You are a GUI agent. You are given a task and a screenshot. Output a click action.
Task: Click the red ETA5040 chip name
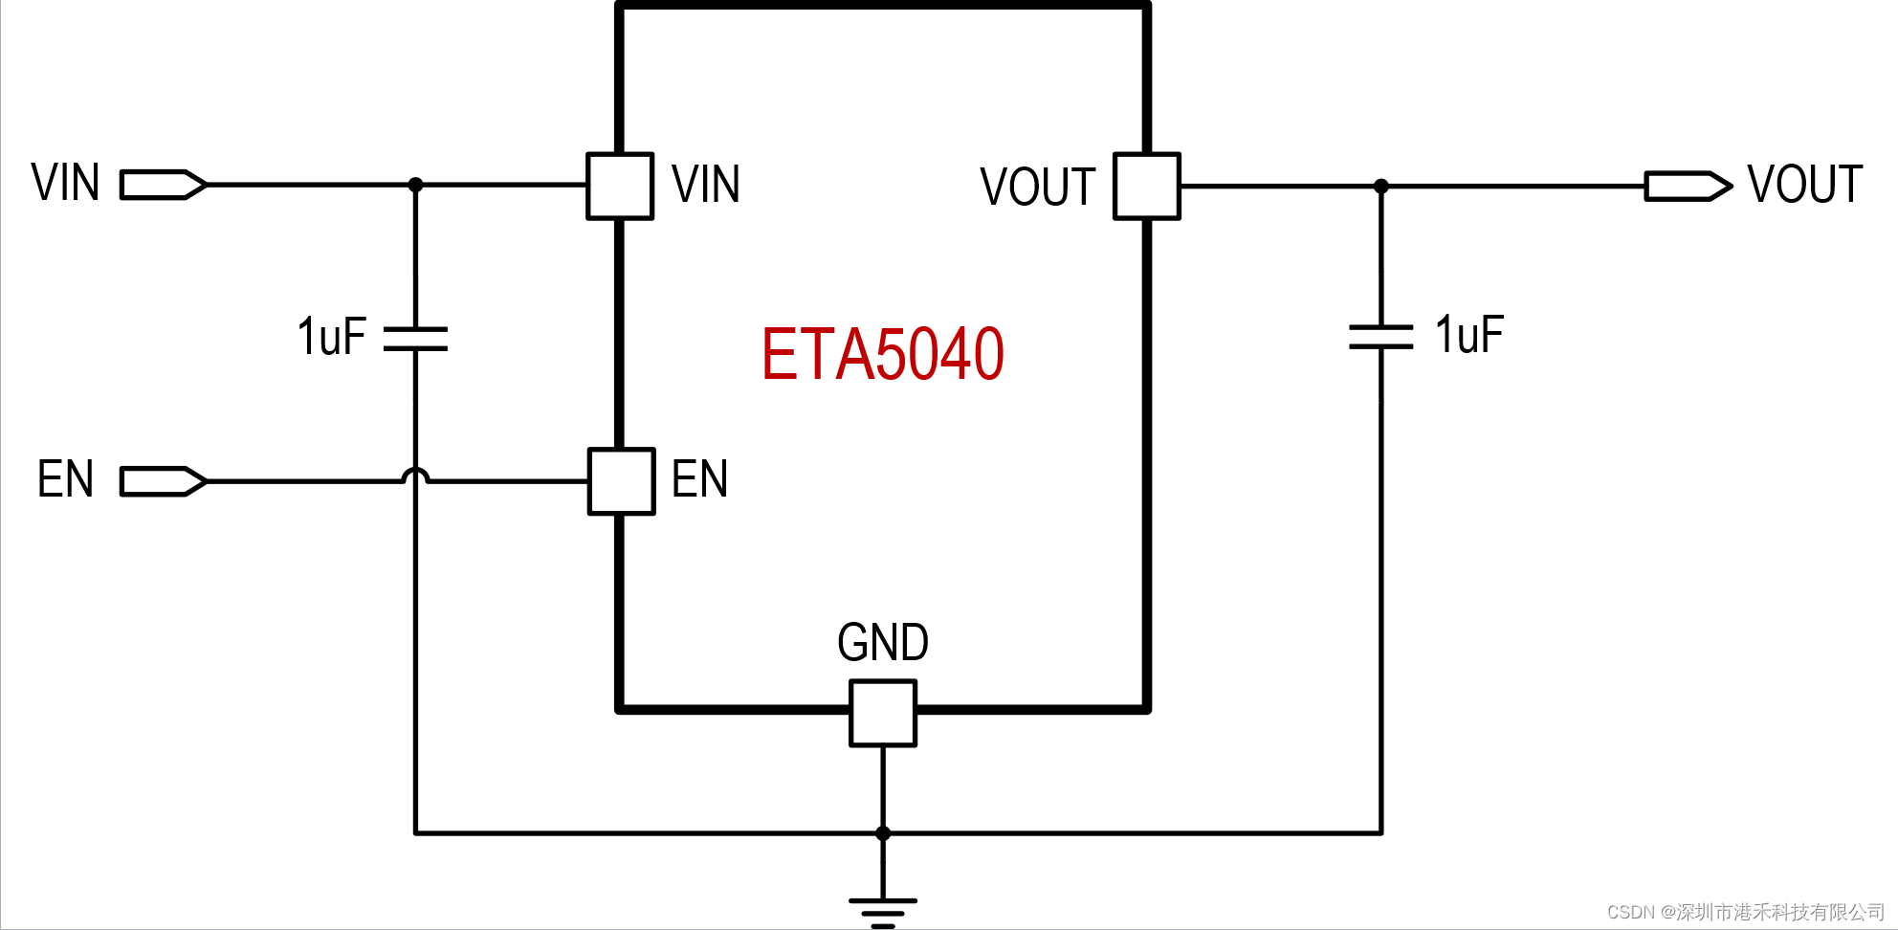coord(882,355)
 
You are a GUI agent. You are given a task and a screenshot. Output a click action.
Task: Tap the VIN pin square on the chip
coord(620,187)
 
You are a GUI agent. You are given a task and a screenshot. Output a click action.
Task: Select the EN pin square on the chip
coord(621,481)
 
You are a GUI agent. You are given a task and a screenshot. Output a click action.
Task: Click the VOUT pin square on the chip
coord(1146,187)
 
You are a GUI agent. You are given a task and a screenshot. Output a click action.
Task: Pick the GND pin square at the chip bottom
coord(882,713)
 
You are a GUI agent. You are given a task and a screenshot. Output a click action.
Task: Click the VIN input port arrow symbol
coord(163,185)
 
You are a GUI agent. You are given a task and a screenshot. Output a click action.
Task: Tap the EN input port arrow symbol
coord(163,481)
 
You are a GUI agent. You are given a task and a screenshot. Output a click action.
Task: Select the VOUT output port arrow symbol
coord(1688,187)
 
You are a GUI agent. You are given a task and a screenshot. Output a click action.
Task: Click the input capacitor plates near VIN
coord(415,339)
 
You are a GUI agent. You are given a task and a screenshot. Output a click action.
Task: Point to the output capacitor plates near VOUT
coord(1380,337)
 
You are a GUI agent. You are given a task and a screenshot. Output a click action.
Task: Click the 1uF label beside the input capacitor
coord(331,337)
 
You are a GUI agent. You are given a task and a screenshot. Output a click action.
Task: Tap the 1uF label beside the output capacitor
coord(1469,335)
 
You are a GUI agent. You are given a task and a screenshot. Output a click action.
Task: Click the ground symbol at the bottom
coord(882,911)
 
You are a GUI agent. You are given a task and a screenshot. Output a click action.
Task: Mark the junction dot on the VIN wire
coord(415,185)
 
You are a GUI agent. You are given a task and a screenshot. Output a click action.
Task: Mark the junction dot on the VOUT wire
coord(1380,187)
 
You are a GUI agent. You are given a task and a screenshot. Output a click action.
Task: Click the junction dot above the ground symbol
coord(882,833)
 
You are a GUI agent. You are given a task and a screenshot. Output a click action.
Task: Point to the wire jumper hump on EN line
coord(415,475)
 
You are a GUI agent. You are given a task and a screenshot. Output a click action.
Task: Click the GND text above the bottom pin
coord(882,643)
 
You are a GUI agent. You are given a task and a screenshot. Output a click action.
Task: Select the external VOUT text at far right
coord(1804,185)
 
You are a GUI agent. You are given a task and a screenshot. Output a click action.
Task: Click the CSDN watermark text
coord(1745,912)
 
